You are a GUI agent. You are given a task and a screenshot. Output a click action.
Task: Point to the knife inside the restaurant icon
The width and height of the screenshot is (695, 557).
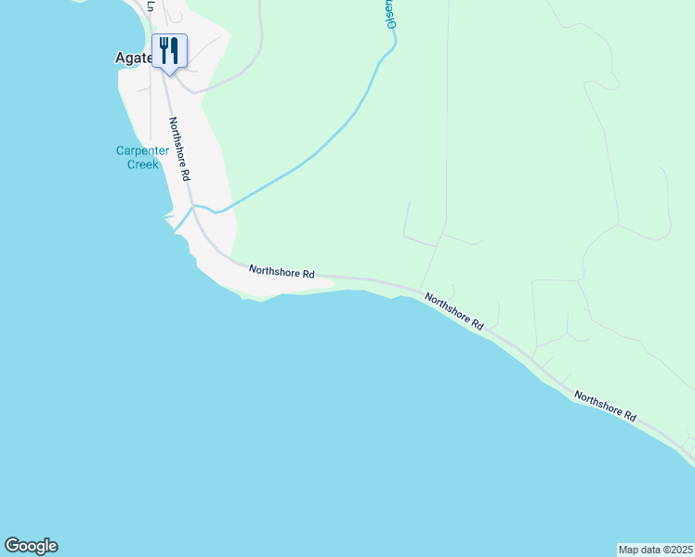tap(174, 49)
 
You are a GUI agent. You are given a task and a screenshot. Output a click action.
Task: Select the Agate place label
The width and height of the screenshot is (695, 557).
tap(132, 57)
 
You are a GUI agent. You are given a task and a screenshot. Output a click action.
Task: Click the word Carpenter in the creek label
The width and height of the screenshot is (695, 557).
tap(142, 151)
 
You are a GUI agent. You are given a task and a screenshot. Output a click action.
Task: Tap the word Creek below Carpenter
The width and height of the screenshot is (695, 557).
tap(142, 164)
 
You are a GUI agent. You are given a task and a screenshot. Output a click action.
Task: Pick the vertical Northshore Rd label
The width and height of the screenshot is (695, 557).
tap(179, 149)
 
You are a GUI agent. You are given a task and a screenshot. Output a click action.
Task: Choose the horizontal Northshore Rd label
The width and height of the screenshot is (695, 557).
tap(282, 273)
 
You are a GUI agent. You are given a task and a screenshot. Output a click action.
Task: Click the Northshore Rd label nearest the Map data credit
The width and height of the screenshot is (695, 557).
tap(605, 406)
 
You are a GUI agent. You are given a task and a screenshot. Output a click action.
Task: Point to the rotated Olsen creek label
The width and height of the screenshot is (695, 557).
tap(391, 15)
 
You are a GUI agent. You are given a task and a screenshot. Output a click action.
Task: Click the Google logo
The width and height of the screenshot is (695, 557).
tap(31, 546)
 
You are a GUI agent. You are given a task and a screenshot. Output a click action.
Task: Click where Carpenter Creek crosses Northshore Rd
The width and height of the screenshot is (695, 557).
tap(192, 207)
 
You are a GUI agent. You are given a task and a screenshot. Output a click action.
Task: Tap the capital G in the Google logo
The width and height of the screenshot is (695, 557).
tap(13, 546)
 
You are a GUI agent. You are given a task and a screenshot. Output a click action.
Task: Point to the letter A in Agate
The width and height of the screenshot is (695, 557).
tap(121, 57)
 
